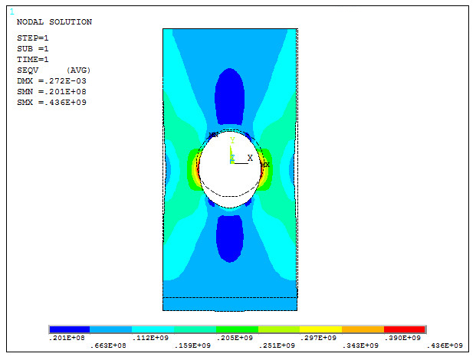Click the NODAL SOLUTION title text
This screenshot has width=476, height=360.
click(54, 22)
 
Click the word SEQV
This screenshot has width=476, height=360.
click(28, 70)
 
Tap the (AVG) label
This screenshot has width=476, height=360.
click(79, 70)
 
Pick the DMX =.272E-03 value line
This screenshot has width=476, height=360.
click(51, 80)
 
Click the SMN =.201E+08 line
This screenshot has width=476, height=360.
click(51, 91)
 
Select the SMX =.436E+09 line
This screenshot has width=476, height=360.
click(51, 102)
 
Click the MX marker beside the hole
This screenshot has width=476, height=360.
click(264, 164)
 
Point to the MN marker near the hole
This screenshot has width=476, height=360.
click(214, 135)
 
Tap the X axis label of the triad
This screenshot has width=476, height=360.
click(250, 158)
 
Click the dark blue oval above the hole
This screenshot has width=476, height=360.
click(230, 97)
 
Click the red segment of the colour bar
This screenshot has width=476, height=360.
click(404, 329)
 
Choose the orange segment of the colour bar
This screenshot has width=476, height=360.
click(362, 329)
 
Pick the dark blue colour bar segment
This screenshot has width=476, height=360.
click(69, 329)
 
